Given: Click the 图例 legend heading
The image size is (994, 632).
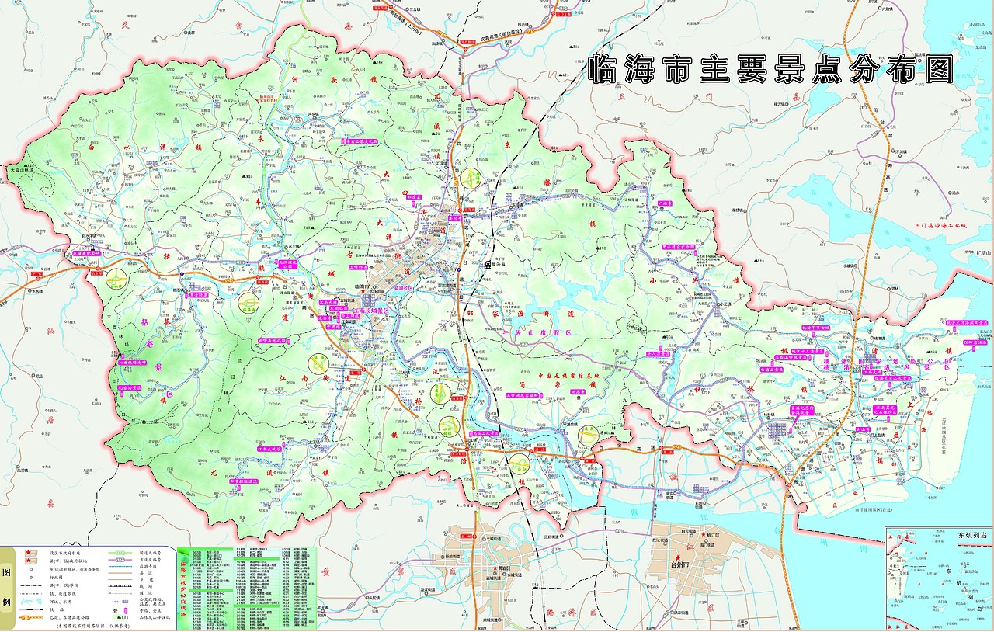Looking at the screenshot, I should point(7,589).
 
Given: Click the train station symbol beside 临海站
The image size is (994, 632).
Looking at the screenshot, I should point(488,264).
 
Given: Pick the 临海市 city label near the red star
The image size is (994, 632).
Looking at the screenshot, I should point(364,287).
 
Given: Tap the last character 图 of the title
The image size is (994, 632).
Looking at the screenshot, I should point(938,70).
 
